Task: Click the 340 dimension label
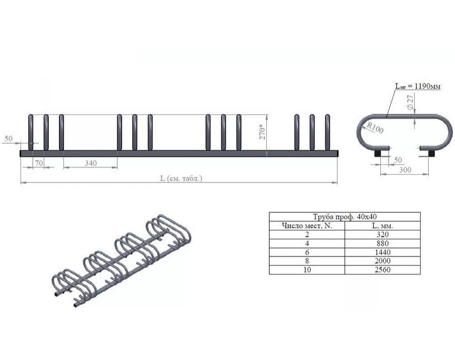point(91,163)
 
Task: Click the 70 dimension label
point(39,163)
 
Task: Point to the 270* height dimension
point(262,132)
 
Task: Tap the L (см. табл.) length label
point(181,178)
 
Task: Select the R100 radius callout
point(375,127)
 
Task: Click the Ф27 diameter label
point(410,102)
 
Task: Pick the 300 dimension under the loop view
point(405,170)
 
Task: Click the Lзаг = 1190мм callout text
point(418,86)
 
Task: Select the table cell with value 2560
point(382,270)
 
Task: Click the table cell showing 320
point(382,235)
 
